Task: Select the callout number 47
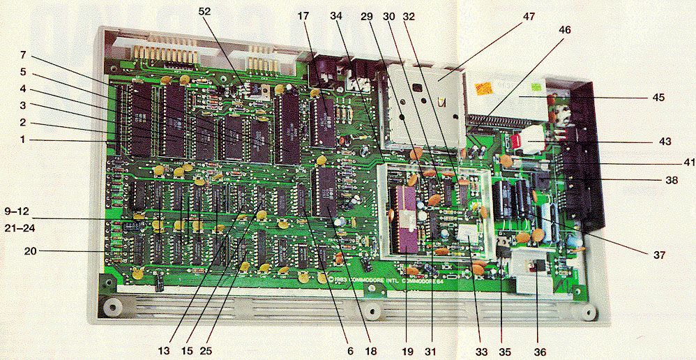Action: click(529, 15)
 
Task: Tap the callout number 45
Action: click(656, 98)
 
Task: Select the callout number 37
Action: click(658, 255)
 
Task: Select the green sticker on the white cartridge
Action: click(536, 88)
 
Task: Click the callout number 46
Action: click(564, 30)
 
